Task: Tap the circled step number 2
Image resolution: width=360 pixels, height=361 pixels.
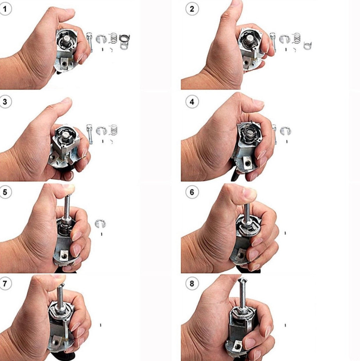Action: pyautogui.click(x=192, y=9)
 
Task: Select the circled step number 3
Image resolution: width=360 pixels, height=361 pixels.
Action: pyautogui.click(x=5, y=102)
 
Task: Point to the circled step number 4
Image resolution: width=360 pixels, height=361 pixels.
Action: pyautogui.click(x=192, y=102)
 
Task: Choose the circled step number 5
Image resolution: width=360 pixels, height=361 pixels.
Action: pyautogui.click(x=5, y=192)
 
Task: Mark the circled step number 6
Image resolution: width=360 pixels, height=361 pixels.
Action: pyautogui.click(x=192, y=192)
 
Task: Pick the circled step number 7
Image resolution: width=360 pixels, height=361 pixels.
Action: pyautogui.click(x=5, y=283)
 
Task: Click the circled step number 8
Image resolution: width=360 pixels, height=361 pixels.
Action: pyautogui.click(x=192, y=283)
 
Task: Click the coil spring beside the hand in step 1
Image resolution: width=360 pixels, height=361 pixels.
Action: pyautogui.click(x=113, y=38)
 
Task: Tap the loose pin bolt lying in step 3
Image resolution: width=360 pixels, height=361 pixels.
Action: pyautogui.click(x=89, y=134)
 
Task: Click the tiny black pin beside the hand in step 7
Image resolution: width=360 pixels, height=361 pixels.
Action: pyautogui.click(x=100, y=325)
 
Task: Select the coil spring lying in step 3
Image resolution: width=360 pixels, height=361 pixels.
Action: pyautogui.click(x=113, y=130)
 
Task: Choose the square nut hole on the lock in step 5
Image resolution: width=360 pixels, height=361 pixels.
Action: pyautogui.click(x=64, y=255)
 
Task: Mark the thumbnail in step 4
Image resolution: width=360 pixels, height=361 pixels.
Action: pyautogui.click(x=258, y=103)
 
